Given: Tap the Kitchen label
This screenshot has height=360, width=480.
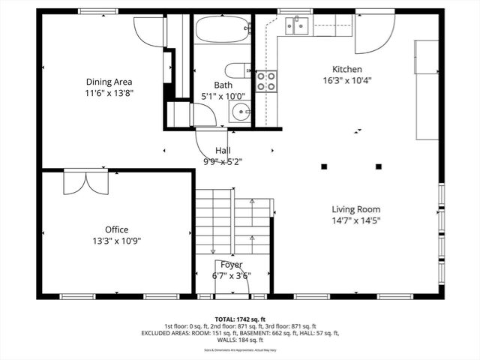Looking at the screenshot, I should tap(347, 69).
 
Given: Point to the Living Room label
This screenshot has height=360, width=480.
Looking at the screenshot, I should tap(356, 210).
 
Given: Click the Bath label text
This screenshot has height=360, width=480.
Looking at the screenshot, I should tap(222, 85).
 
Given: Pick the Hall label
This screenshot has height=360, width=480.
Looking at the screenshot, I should tap(223, 150).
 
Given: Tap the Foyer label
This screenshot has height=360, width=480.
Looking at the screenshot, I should tap(231, 265).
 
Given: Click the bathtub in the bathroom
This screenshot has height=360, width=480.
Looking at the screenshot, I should tap(223, 31).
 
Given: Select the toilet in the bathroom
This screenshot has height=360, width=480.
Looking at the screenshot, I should tap(238, 70).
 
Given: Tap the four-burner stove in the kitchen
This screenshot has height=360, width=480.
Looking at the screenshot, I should tap(266, 81).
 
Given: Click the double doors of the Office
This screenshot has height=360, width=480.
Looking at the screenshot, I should tap(80, 182).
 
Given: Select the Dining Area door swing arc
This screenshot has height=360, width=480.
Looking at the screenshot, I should tap(148, 31).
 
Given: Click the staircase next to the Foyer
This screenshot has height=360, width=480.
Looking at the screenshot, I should tap(232, 221).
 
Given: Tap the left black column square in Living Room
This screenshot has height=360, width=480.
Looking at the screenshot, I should tap(324, 166).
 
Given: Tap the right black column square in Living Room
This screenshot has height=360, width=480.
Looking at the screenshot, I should tap(379, 166).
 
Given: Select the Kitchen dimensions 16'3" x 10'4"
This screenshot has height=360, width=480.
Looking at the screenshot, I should tap(347, 80).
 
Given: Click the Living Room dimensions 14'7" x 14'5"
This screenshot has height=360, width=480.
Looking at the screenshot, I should tap(356, 221).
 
